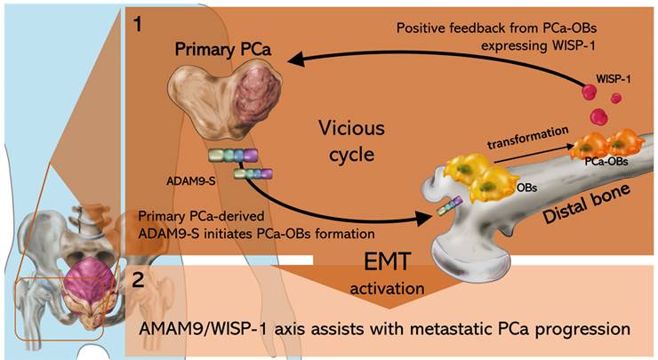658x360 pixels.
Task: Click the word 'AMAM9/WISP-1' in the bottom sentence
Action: [197, 328]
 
